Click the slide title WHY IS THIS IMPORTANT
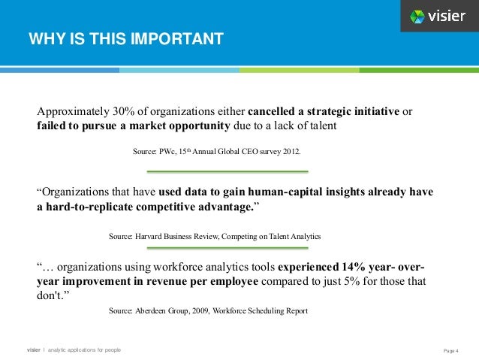[125, 38]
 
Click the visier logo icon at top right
[417, 16]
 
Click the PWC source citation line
[217, 151]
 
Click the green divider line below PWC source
[217, 171]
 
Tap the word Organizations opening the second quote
[77, 192]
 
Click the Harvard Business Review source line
[215, 236]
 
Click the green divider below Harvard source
[217, 248]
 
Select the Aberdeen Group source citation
[208, 310]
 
